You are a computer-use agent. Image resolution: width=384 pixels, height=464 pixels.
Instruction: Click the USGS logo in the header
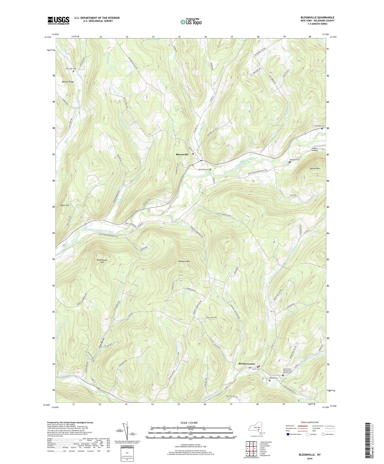58,20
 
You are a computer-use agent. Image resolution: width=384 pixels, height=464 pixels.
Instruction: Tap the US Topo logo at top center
191,22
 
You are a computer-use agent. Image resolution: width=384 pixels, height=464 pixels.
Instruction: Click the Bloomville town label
182,155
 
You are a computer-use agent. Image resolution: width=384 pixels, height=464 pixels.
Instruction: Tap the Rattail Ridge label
68,82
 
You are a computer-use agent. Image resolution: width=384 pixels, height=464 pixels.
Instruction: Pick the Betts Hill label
65,205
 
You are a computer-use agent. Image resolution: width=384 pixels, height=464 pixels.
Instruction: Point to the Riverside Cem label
204,169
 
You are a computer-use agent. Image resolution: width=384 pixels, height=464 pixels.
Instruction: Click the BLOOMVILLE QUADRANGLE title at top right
317,17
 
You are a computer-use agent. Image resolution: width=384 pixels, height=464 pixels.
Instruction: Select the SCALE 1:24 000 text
190,423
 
